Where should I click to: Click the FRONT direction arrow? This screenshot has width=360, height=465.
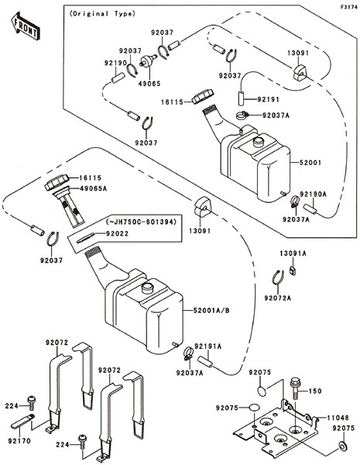[26, 26]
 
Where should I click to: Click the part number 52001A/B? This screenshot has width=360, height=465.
[211, 311]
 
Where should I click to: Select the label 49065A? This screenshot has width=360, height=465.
[93, 188]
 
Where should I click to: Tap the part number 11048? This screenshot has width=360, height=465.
[338, 418]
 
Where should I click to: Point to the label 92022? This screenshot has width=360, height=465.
[118, 234]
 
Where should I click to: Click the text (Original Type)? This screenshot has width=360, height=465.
[102, 14]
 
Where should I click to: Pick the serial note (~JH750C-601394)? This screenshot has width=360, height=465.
[141, 221]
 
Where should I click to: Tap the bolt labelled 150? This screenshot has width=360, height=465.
[296, 388]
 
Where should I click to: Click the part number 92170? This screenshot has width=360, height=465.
[19, 441]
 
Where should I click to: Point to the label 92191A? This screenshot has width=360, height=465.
[208, 346]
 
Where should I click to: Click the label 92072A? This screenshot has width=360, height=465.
[278, 298]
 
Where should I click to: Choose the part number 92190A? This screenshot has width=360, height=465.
[314, 195]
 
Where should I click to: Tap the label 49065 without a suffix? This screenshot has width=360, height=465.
[149, 84]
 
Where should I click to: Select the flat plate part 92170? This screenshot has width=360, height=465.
[22, 422]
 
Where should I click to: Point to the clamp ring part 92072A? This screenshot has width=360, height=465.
[279, 278]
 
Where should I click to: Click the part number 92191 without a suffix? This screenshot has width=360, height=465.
[268, 99]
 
